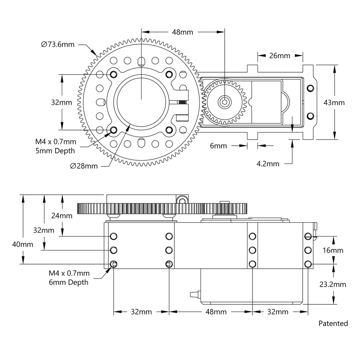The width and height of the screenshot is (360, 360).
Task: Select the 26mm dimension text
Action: coord(280,55)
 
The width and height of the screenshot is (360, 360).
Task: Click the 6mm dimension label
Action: coord(218,146)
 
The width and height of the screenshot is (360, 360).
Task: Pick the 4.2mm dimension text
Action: coord(268,164)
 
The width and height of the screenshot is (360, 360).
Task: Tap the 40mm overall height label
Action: coord(22,244)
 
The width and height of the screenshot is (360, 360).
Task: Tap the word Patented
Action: coord(333,323)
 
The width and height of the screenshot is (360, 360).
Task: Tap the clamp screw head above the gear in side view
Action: coord(181,200)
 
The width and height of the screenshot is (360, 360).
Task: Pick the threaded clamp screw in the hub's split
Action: coord(182,102)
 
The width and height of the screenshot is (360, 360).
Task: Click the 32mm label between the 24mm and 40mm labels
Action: coord(44,230)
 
